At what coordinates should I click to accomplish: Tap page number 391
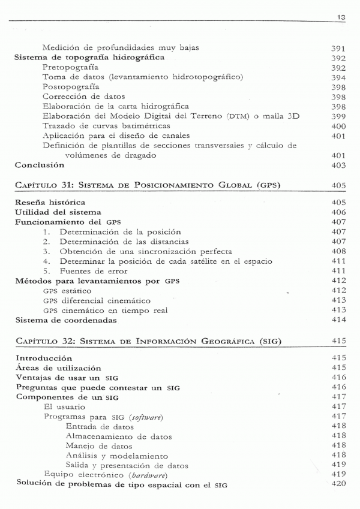pos(339,48)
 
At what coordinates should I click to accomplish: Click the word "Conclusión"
pos(40,165)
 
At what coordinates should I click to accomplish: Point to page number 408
pos(339,251)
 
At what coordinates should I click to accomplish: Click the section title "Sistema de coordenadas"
pos(65,320)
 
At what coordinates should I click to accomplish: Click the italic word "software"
pos(149,417)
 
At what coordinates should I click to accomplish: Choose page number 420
pos(339,484)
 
